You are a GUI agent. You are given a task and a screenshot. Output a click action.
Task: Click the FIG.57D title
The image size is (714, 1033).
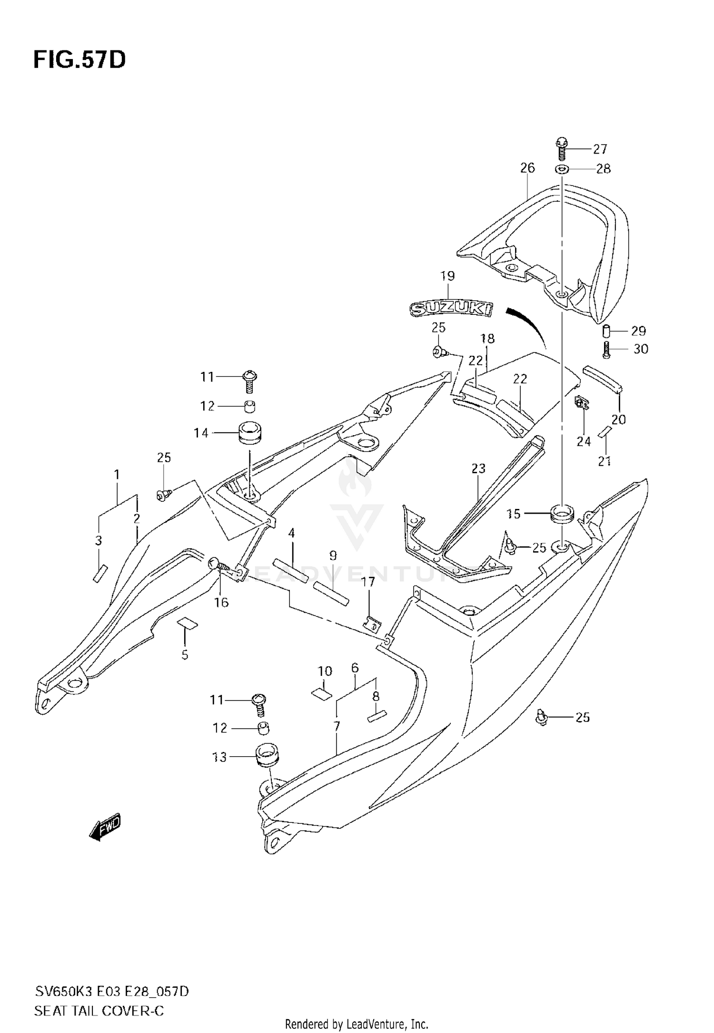point(79,60)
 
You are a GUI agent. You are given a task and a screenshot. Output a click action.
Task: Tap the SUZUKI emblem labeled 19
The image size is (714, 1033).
point(452,309)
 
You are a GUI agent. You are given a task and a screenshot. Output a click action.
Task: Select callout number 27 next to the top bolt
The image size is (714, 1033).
point(600,149)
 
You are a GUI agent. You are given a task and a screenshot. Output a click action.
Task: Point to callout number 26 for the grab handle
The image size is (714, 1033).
point(527,167)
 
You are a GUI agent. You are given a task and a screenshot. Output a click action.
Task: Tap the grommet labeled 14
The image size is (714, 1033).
point(249,432)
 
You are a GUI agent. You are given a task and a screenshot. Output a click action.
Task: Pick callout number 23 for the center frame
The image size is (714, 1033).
point(478,468)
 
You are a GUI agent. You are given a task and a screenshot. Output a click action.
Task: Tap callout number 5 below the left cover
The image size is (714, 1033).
point(185,655)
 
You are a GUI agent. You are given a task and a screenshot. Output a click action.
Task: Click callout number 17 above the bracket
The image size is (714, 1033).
point(368,582)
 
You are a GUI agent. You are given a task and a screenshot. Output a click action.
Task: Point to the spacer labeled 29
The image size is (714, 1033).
point(607,330)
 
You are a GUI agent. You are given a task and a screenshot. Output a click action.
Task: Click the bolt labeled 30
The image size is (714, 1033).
point(606,350)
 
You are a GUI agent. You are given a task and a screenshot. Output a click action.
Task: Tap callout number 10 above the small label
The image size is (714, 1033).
point(325,672)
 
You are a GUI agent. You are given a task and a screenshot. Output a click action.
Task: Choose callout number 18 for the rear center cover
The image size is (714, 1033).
point(487,339)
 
